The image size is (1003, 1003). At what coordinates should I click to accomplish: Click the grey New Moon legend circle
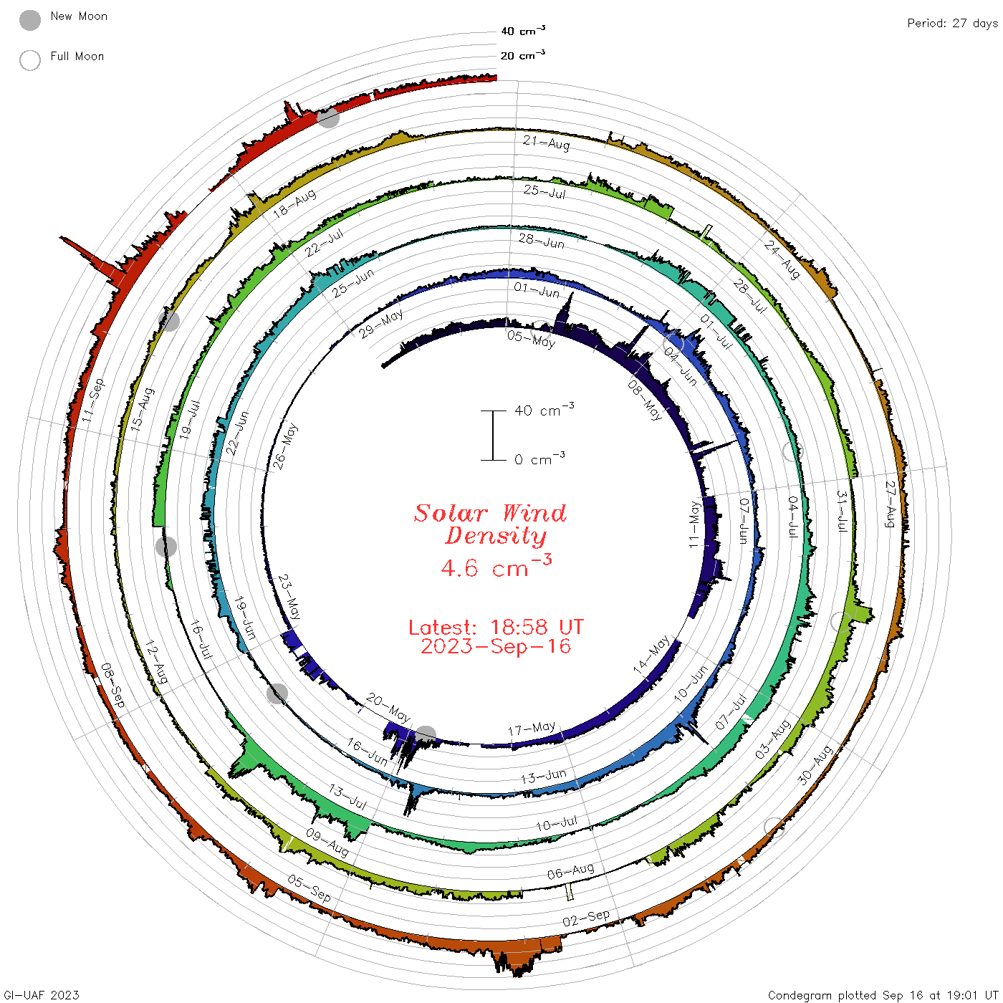(x=29, y=20)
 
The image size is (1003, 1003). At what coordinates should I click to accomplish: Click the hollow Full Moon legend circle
(x=29, y=60)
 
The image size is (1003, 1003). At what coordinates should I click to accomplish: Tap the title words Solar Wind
(x=490, y=513)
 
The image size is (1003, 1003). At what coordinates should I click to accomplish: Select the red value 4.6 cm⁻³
(x=496, y=566)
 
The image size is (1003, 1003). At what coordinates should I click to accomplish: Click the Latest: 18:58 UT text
(x=496, y=627)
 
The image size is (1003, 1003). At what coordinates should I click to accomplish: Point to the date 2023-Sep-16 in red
(x=496, y=646)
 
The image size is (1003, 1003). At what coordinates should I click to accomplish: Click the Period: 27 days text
(x=953, y=24)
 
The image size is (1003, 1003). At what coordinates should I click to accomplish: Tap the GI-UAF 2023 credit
(x=42, y=994)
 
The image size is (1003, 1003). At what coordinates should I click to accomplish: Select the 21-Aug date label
(x=546, y=142)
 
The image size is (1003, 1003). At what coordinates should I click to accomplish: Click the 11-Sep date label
(x=94, y=400)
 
